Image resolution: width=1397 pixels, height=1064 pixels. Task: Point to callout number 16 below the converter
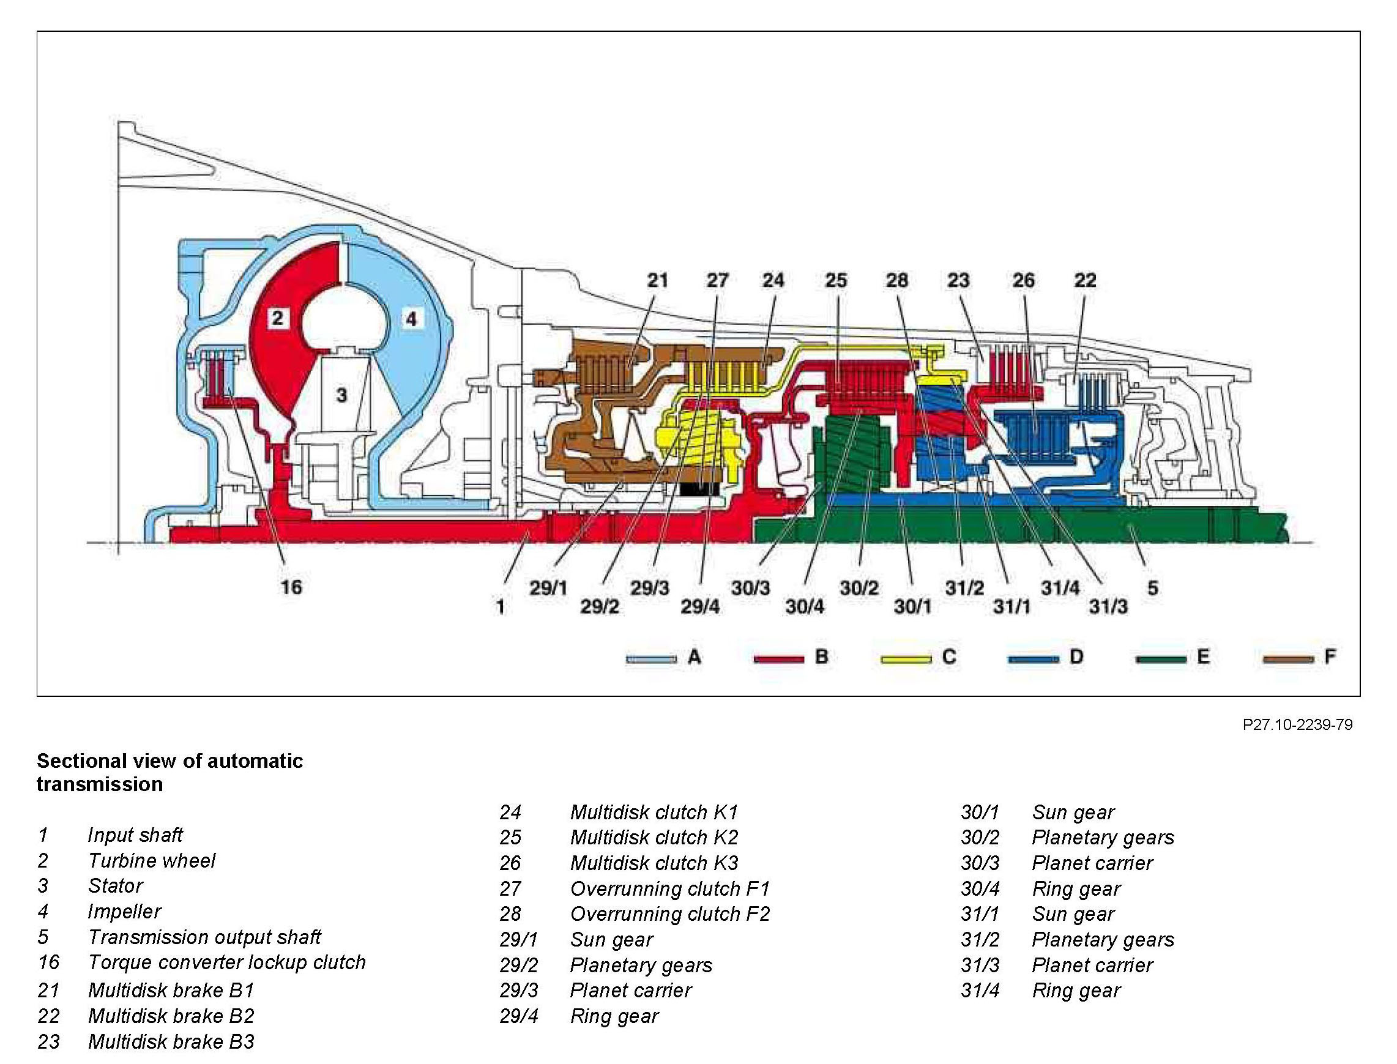(x=291, y=587)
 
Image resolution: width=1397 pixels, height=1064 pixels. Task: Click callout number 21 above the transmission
(x=657, y=280)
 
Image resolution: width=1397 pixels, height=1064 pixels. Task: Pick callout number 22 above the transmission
(x=1085, y=280)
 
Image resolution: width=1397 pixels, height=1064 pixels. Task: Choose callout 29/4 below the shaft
(x=700, y=607)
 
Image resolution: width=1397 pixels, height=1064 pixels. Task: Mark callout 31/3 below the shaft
(x=1108, y=607)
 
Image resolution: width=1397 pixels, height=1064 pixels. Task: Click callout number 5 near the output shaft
(x=1153, y=588)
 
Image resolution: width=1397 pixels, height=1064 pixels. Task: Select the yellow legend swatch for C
(x=906, y=660)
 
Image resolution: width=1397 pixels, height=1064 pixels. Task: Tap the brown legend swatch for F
(x=1287, y=660)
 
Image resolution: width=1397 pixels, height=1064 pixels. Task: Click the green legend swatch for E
(x=1161, y=660)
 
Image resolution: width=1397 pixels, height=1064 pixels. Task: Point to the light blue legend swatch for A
(x=651, y=660)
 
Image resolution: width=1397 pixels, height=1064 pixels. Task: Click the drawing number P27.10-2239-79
(x=1297, y=724)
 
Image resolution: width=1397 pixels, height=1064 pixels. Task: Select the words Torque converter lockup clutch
(x=226, y=962)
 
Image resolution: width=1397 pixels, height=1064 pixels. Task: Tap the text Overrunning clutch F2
(x=670, y=914)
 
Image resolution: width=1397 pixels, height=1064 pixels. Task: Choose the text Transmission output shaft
(x=204, y=937)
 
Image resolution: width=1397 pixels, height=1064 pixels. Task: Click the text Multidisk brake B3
(x=171, y=1042)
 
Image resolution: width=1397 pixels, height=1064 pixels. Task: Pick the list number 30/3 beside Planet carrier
(x=980, y=863)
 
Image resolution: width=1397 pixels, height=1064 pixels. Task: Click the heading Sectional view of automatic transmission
(x=170, y=772)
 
